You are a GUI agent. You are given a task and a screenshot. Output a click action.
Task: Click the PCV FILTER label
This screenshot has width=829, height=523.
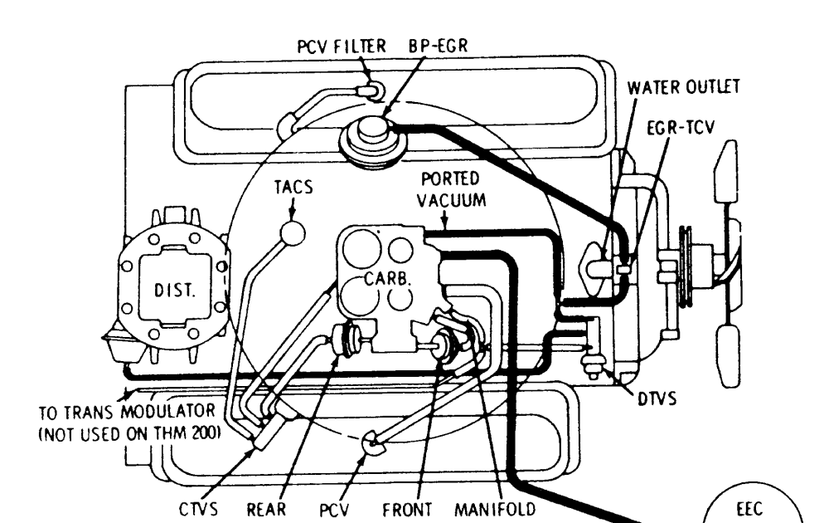coord(341,46)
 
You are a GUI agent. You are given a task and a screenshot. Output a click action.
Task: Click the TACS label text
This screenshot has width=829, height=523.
coord(293,188)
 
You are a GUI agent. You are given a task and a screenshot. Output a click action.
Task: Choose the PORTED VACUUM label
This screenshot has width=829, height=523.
coord(453,190)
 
